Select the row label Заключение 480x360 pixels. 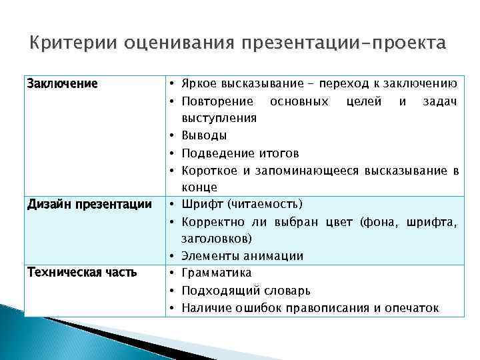pyautogui.click(x=61, y=84)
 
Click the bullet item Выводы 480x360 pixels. pyautogui.click(x=204, y=135)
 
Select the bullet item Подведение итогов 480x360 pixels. pyautogui.click(x=240, y=153)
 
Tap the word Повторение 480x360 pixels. pyautogui.click(x=217, y=101)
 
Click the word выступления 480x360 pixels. pyautogui.click(x=219, y=118)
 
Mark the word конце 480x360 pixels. pyautogui.click(x=199, y=187)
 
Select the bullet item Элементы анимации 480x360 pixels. pyautogui.click(x=242, y=255)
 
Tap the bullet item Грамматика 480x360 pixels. pyautogui.click(x=216, y=273)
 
